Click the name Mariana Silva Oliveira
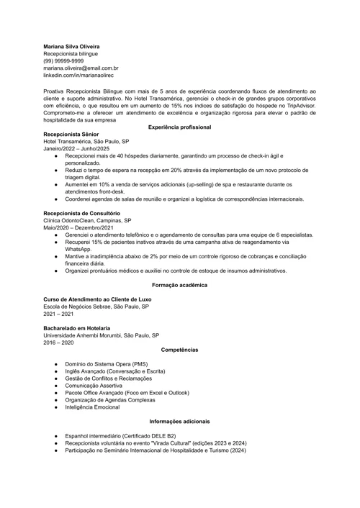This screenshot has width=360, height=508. [x=75, y=46]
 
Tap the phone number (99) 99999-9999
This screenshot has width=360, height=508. [x=63, y=60]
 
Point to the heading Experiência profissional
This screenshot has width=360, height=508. [x=179, y=127]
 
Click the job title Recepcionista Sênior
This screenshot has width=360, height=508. [x=72, y=135]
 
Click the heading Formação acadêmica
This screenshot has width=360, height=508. [x=179, y=285]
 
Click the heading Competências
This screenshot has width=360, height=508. [x=179, y=349]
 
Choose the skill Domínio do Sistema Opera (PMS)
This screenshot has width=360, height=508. [x=106, y=364]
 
